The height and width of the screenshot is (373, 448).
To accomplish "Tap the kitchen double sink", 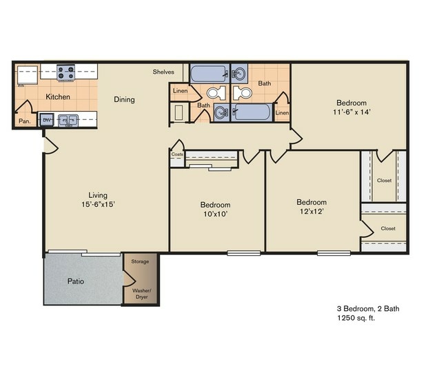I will pyautogui.click(x=68, y=121).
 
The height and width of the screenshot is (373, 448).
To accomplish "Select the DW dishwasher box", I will pyautogui.click(x=47, y=121).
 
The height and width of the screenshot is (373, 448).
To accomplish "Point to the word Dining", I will pyautogui.click(x=124, y=99).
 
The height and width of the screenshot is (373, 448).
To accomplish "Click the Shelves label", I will pyautogui.click(x=163, y=70).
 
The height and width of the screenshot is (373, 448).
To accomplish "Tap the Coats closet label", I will pyautogui.click(x=176, y=154).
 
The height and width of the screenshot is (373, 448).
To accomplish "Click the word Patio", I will pyautogui.click(x=76, y=281).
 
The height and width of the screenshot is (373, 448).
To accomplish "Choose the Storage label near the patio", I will pyautogui.click(x=141, y=262).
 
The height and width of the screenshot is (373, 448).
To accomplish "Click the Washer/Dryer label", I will pyautogui.click(x=141, y=294).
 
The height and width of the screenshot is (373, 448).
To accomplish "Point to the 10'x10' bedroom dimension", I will pyautogui.click(x=215, y=214).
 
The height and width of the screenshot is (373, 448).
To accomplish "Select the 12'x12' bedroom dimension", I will pyautogui.click(x=312, y=212).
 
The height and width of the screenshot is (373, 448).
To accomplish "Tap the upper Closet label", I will pyautogui.click(x=385, y=181).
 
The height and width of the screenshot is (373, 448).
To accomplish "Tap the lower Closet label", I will pyautogui.click(x=388, y=228).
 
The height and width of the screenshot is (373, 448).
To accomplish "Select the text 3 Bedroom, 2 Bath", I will pyautogui.click(x=368, y=308).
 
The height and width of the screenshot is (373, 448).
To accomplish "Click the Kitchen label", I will pyautogui.click(x=58, y=97).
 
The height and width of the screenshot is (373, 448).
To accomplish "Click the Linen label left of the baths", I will pyautogui.click(x=180, y=91).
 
